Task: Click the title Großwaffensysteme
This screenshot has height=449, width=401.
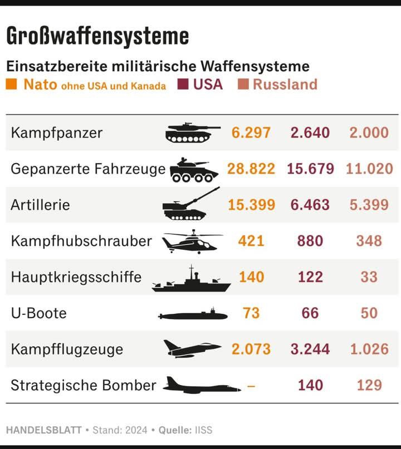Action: coord(97,37)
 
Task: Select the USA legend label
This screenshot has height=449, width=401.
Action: coord(208,85)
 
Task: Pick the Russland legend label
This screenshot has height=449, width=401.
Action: coord(285,85)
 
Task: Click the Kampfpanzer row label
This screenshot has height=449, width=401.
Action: coord(56,133)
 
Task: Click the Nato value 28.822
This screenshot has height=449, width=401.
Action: coord(251,169)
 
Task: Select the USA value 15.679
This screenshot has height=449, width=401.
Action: coord(310,169)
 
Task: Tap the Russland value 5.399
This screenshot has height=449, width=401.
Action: coord(369,205)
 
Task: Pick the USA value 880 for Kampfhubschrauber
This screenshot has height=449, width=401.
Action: coord(310,241)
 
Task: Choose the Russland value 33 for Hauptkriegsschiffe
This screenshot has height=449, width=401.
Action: coord(369,277)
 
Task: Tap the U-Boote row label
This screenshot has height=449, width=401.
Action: coord(38,313)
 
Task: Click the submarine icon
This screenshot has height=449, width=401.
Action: coord(193,315)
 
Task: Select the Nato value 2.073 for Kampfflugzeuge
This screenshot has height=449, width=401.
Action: coord(251,349)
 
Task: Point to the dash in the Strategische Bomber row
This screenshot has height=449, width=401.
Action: coord(251,386)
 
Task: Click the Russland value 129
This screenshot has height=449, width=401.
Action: coord(369,385)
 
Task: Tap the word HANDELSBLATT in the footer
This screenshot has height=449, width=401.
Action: coord(43,430)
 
